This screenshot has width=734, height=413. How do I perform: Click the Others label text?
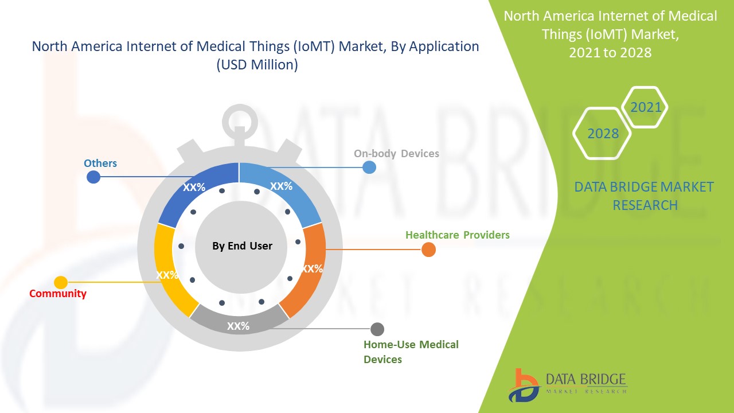[x=100, y=163]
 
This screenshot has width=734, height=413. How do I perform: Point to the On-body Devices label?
[x=396, y=154]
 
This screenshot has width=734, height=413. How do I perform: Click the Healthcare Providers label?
[x=457, y=235]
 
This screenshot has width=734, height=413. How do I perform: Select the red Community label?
[x=58, y=294]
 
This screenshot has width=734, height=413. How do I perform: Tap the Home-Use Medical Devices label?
[x=411, y=352]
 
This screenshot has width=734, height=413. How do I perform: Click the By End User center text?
[x=242, y=246]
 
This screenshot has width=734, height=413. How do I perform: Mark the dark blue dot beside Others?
[x=93, y=177]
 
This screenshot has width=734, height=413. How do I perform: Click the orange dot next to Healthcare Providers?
[x=428, y=250]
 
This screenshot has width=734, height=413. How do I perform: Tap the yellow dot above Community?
[x=61, y=282]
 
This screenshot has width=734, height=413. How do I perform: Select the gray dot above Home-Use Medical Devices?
[x=377, y=329]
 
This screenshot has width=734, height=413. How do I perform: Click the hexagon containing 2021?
[x=646, y=107]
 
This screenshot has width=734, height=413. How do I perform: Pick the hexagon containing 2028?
[x=603, y=134]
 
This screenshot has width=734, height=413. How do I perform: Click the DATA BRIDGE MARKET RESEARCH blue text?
[x=645, y=196]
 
